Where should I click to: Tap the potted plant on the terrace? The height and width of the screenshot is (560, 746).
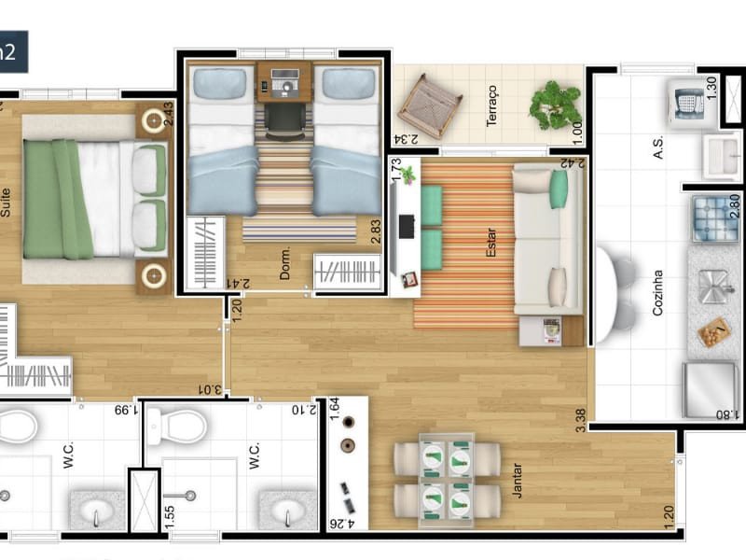point(554,105)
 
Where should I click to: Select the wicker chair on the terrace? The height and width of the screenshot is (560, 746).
point(429,105)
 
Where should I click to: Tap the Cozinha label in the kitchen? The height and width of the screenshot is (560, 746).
point(657,292)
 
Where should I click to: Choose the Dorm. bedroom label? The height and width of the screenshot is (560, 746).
point(285,262)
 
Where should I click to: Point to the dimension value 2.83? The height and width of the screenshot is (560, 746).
point(376,231)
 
